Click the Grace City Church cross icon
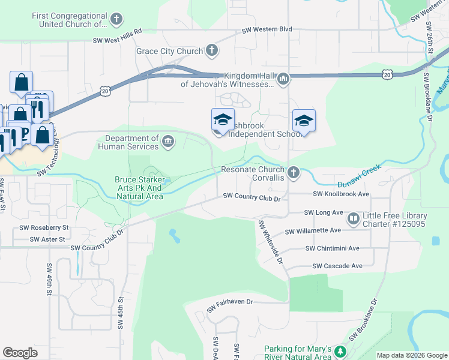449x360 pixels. (212, 51)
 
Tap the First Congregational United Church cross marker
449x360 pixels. (116, 20)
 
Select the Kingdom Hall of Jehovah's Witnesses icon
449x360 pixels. (284, 79)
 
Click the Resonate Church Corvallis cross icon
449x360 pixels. (294, 173)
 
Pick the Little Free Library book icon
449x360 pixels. (354, 219)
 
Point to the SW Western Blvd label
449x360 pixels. (267, 29)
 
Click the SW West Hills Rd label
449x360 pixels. (117, 41)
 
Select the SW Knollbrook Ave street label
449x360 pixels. (341, 194)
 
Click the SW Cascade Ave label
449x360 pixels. (337, 266)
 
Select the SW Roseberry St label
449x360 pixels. (44, 228)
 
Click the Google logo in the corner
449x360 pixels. (20, 353)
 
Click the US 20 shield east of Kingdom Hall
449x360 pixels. (387, 74)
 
